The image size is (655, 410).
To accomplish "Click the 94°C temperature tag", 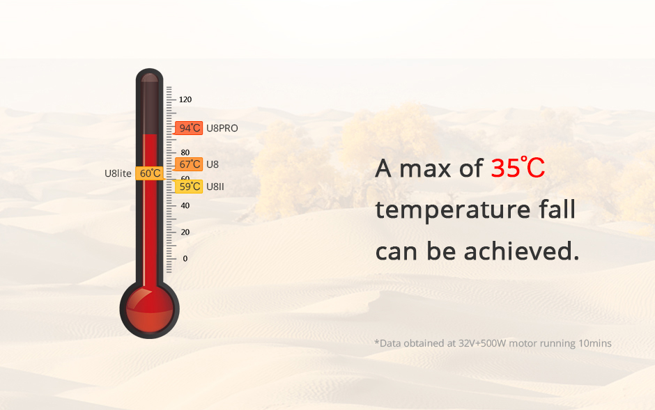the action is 188,128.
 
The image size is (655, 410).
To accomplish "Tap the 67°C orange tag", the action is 188,164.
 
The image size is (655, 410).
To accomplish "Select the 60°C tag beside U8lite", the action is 150,173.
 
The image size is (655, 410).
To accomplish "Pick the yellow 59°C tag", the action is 188,187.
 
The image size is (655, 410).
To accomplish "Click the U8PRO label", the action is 222,129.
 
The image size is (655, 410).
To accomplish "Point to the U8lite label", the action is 118,173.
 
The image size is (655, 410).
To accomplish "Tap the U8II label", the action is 215,187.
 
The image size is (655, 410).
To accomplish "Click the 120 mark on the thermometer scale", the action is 185,100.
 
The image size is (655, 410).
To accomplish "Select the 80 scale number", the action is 185,152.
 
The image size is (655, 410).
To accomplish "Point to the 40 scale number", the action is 185,205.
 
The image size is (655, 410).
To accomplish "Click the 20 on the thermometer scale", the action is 185,232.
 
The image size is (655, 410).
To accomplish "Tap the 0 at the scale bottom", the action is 185,258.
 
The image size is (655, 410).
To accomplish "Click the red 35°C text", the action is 518,168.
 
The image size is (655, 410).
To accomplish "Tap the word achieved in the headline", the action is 522,251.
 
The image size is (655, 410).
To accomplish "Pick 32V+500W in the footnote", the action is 482,343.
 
